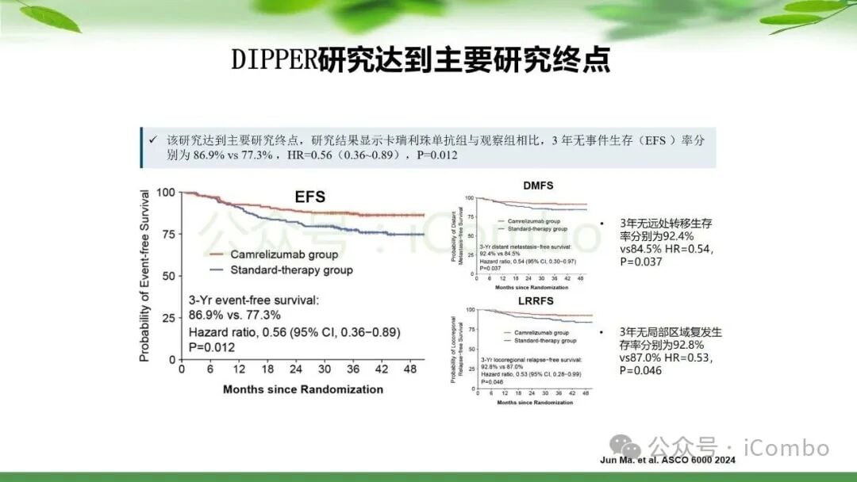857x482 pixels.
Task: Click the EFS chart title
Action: click(309, 197)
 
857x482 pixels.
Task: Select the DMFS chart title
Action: click(538, 186)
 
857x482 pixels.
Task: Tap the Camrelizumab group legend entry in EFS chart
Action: click(283, 254)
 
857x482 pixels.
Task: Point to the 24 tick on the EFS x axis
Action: click(295, 370)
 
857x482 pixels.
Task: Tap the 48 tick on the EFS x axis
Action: click(410, 370)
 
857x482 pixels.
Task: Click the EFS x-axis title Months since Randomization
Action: click(303, 389)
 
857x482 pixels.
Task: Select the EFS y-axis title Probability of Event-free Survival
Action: click(144, 276)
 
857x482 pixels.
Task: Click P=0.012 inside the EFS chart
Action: click(212, 347)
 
